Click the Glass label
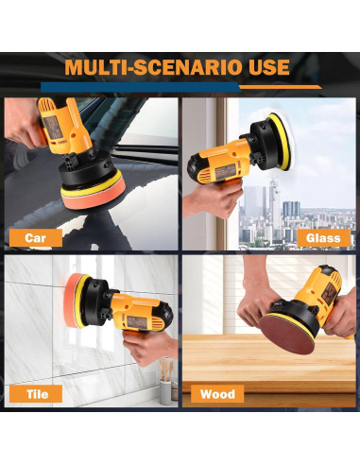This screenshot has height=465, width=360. click(x=322, y=238)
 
